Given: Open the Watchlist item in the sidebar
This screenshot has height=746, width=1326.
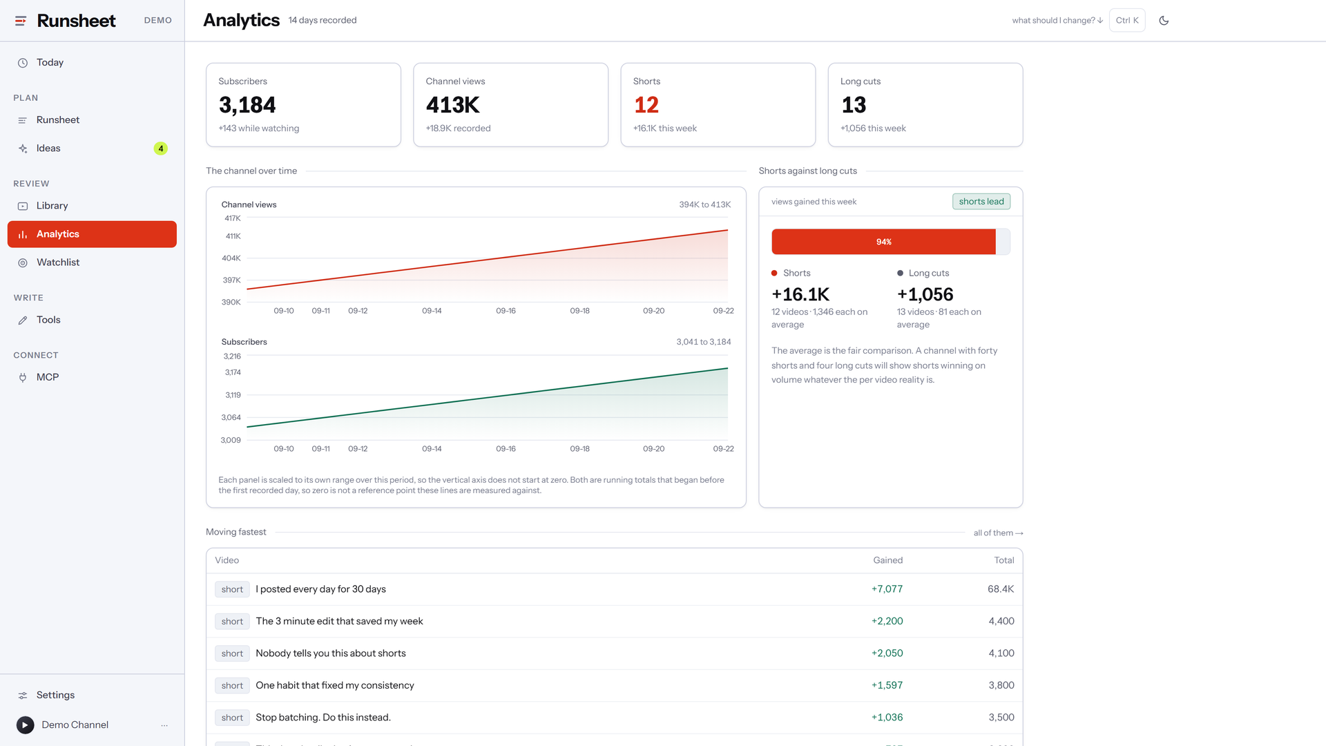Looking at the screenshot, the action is coord(58,262).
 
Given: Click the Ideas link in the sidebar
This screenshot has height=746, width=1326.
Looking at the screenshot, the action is coord(48,149).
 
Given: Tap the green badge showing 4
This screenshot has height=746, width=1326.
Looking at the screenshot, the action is coord(161,149).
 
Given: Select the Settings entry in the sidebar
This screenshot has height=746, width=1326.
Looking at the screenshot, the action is coord(55,695).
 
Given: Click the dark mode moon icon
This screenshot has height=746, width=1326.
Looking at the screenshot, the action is coord(1164,21).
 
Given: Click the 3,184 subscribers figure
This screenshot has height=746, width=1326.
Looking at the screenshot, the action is coord(247,105).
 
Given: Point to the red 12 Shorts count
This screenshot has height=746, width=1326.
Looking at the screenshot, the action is coord(646,105).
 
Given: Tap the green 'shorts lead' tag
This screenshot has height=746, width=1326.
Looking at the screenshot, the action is coord(981,202).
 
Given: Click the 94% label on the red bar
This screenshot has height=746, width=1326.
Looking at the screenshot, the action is coord(884,242).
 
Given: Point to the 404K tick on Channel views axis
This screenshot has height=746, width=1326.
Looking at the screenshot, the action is coord(231,258).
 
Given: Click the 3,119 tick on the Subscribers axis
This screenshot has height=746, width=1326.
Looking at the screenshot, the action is coord(233,395).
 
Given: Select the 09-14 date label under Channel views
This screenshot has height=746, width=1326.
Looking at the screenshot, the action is coord(432,311).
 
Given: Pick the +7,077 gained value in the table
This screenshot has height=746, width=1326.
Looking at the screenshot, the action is coord(887,589).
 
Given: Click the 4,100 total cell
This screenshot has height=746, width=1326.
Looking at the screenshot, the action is coord(1001,653).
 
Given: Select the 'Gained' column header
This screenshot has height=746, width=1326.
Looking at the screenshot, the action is coord(888,560).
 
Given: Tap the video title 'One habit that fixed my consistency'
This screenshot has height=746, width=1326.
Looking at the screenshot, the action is coord(335,685).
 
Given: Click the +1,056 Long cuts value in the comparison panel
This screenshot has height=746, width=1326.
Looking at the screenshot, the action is coord(925,294).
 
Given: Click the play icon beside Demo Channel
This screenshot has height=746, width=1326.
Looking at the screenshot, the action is coord(26,725).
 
